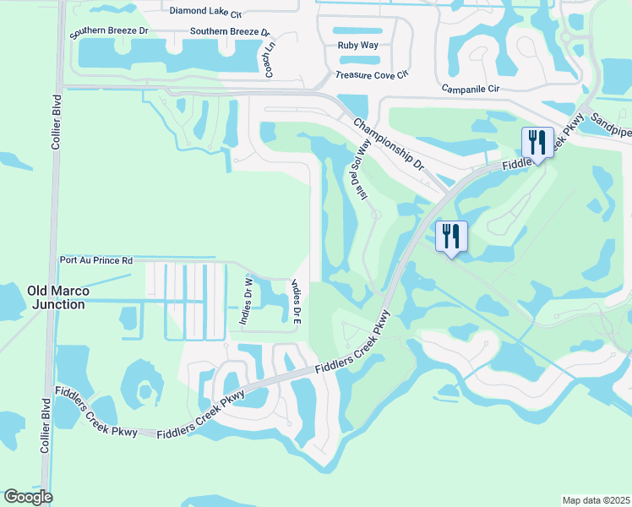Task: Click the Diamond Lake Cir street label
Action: [x=205, y=13]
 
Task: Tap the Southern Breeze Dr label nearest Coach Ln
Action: [x=229, y=31]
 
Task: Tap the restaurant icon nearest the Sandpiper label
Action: [x=537, y=142]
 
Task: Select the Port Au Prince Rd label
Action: [x=95, y=261]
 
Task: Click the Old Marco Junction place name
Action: [x=57, y=297]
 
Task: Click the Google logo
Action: [x=28, y=498]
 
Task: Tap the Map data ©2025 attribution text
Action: [x=596, y=499]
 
